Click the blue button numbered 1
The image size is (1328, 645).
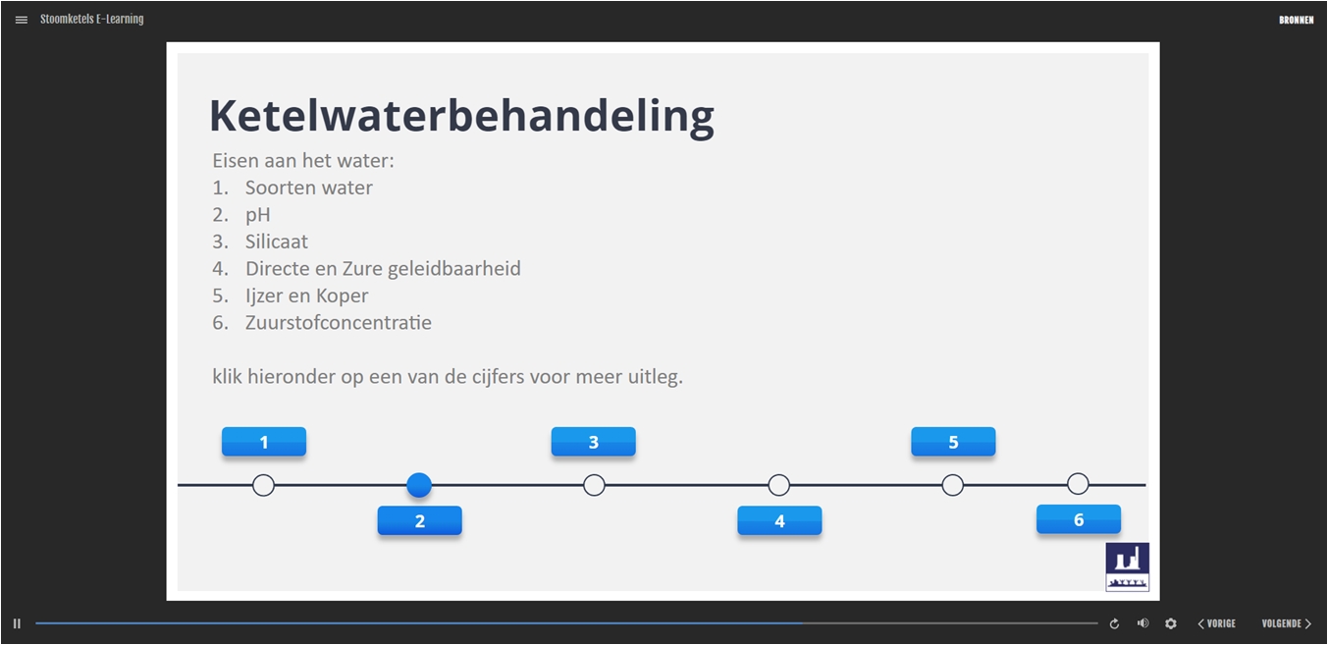pyautogui.click(x=264, y=442)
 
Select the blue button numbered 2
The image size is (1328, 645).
pyautogui.click(x=420, y=520)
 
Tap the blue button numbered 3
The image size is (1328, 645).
pyautogui.click(x=594, y=442)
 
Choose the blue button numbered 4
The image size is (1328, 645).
pyautogui.click(x=779, y=520)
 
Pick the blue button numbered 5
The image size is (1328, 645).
pyautogui.click(x=953, y=442)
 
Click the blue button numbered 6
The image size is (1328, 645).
pyautogui.click(x=1079, y=519)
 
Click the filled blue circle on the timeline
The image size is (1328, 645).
pyautogui.click(x=419, y=485)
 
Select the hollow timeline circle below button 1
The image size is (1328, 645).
pyautogui.click(x=263, y=485)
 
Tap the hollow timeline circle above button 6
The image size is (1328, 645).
pyautogui.click(x=1078, y=484)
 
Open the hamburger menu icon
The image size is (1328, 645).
pyautogui.click(x=22, y=20)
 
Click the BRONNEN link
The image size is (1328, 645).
pyautogui.click(x=1296, y=21)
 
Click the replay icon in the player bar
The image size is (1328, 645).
pyautogui.click(x=1114, y=623)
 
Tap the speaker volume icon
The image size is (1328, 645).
pyautogui.click(x=1142, y=623)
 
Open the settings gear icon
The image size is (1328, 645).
pyautogui.click(x=1170, y=623)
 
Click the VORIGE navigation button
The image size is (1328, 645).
pyautogui.click(x=1216, y=623)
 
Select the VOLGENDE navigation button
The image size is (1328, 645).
pyautogui.click(x=1286, y=623)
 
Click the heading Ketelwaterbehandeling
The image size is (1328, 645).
pyautogui.click(x=462, y=116)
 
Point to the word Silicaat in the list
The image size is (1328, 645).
pyautogui.click(x=276, y=242)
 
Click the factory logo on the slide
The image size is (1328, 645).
pyautogui.click(x=1127, y=566)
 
